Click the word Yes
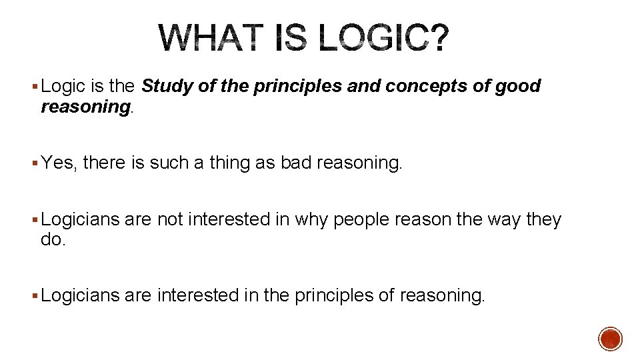[x=58, y=163]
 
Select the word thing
[x=222, y=163]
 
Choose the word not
[x=170, y=219]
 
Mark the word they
[x=544, y=219]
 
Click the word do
[x=53, y=239]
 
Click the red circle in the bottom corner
[x=610, y=339]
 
